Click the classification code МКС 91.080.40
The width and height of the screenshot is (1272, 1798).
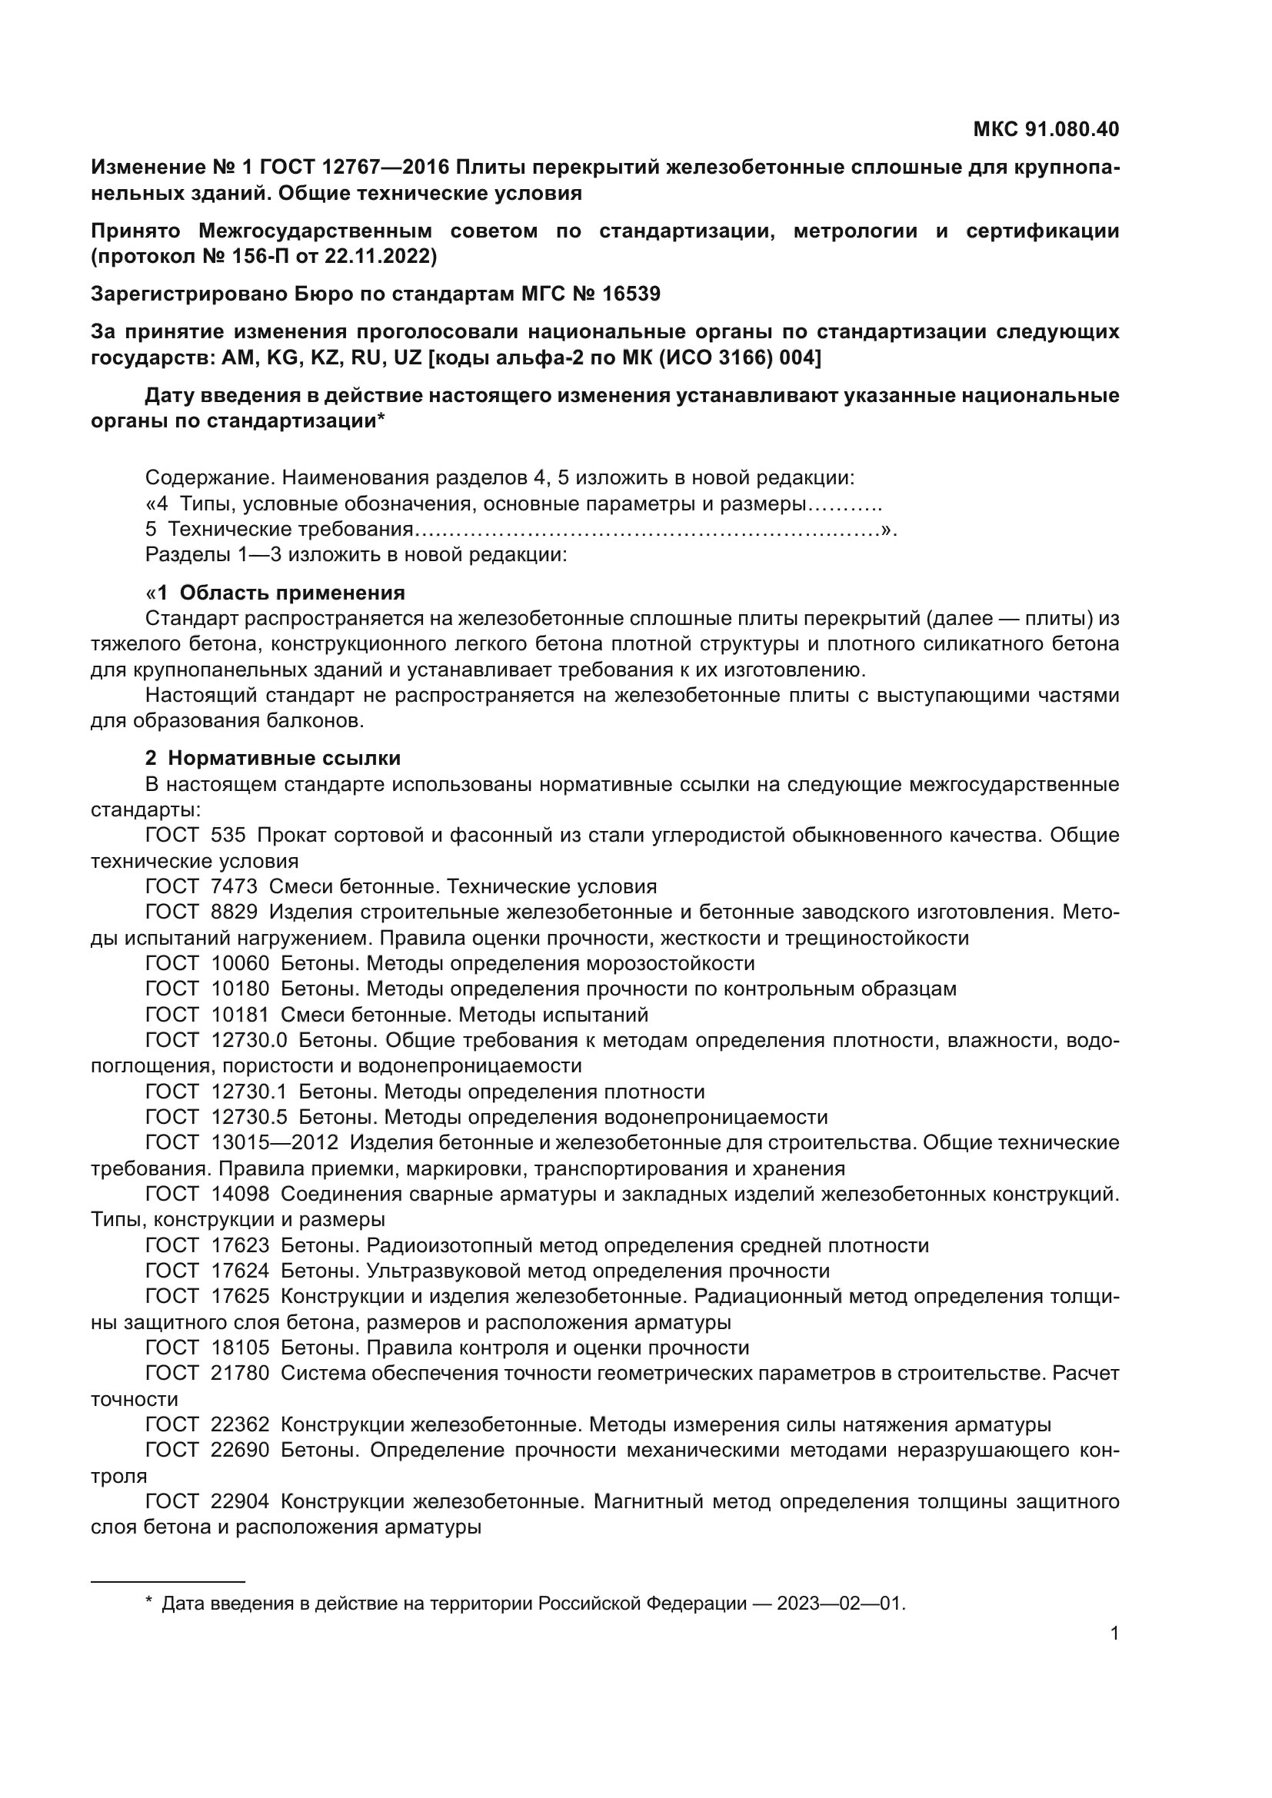point(1046,129)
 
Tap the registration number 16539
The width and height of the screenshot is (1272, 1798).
point(631,294)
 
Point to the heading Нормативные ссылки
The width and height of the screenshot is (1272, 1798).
point(284,758)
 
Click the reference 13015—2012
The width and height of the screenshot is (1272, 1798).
point(274,1142)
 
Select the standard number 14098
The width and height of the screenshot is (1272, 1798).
point(240,1195)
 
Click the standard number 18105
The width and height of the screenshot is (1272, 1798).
point(240,1347)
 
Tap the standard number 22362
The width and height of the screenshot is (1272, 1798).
point(240,1424)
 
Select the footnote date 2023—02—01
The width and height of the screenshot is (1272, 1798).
point(840,1604)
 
